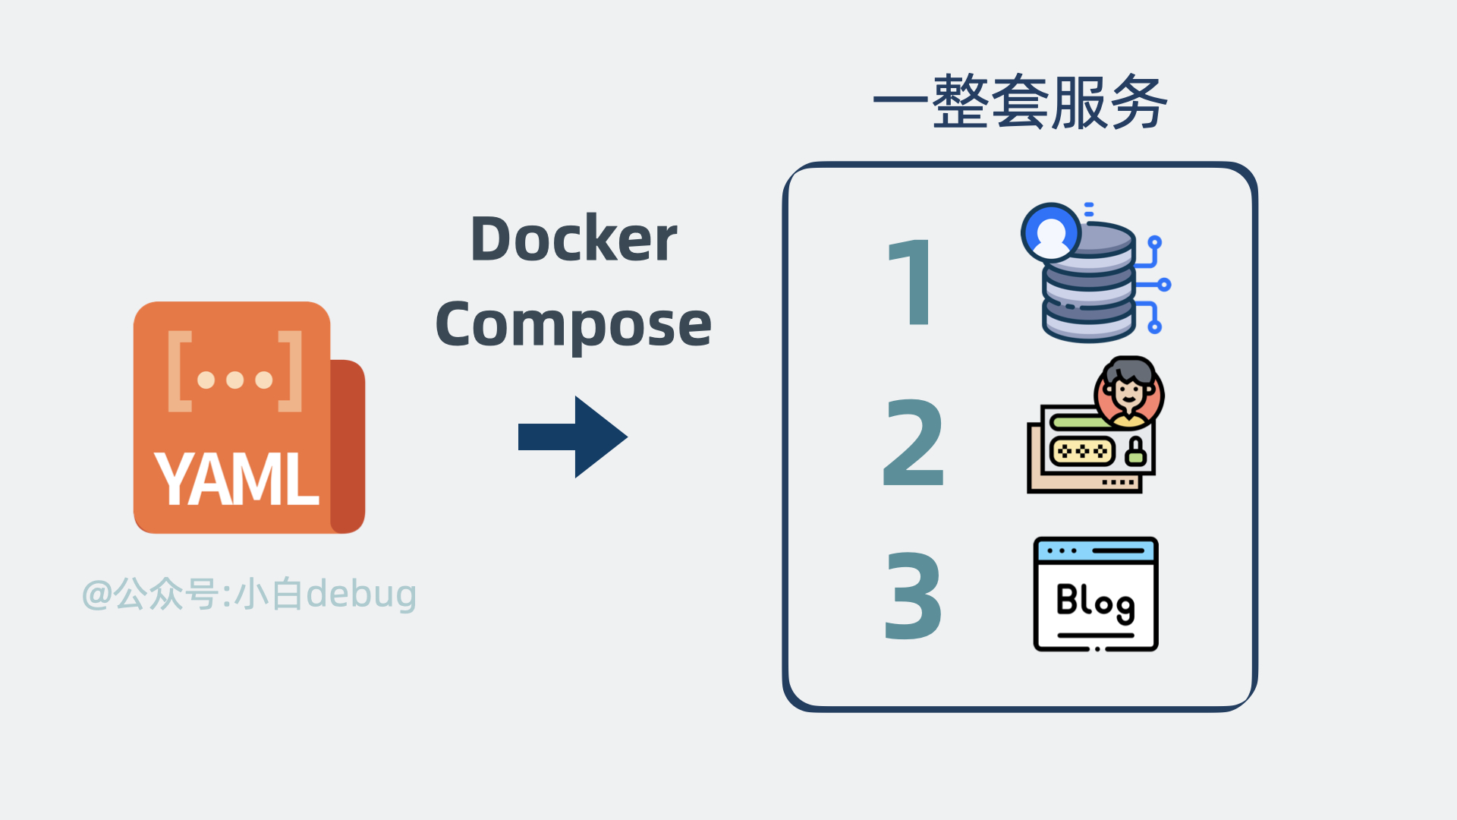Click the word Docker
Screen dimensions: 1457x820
pos(574,238)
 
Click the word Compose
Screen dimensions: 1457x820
pos(574,325)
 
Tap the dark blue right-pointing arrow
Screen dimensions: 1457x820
pos(573,437)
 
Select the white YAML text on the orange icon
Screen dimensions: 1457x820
pos(236,478)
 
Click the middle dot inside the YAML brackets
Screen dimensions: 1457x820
pos(235,379)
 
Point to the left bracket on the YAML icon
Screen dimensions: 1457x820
pos(180,371)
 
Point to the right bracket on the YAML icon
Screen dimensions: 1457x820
pos(290,371)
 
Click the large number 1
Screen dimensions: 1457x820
pos(911,282)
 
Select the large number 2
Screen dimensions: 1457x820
pos(914,443)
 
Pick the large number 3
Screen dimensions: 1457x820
pos(914,596)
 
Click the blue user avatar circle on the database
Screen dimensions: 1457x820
pos(1051,232)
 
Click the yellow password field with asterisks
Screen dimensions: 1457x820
pos(1082,452)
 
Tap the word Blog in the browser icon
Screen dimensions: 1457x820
pos(1095,602)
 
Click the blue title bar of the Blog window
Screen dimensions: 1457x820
pos(1096,550)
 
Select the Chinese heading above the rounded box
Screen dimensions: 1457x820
pos(1019,102)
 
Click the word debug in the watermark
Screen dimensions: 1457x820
pos(360,594)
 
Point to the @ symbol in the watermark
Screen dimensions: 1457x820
pos(97,594)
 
